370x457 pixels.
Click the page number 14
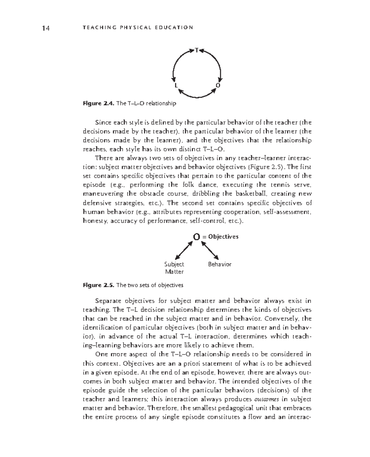click(x=46, y=28)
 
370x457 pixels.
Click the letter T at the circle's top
click(x=196, y=50)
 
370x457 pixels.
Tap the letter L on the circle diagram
click(x=176, y=85)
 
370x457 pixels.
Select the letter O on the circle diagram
click(x=218, y=85)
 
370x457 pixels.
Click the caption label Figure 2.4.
click(x=99, y=103)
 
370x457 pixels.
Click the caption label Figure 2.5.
click(x=99, y=285)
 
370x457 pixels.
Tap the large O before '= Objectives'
click(x=196, y=237)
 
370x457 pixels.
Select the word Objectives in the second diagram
click(x=223, y=237)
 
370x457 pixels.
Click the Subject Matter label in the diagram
click(x=174, y=268)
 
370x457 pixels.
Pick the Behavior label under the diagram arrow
click(x=220, y=264)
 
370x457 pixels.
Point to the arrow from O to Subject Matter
click(x=184, y=250)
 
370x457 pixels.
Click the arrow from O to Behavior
click(x=210, y=250)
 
